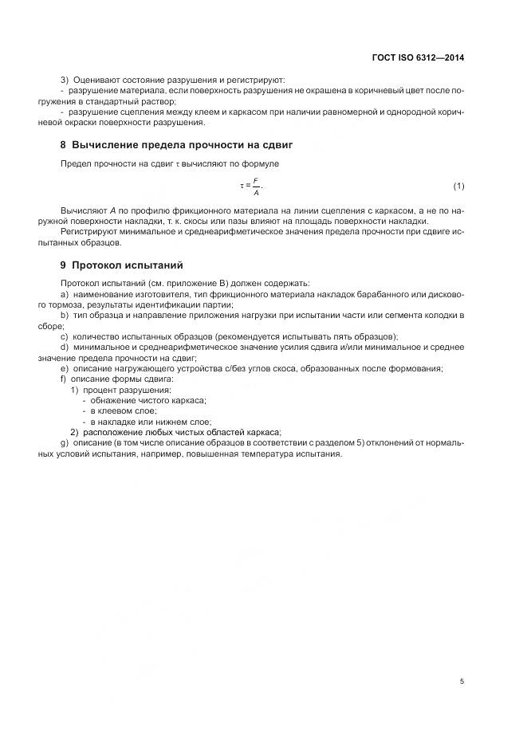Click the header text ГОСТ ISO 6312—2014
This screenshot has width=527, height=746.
tap(418, 57)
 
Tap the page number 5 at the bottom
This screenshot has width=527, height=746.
tap(462, 681)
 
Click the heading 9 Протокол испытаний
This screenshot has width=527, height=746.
tap(122, 265)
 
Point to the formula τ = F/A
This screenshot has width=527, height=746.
tap(250, 186)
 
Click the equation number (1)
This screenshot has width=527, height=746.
tap(458, 186)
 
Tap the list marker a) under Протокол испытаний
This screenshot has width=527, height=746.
tap(65, 294)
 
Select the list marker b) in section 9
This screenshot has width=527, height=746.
tap(65, 316)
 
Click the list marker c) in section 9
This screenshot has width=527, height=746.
tap(65, 336)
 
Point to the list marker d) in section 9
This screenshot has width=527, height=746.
tap(65, 347)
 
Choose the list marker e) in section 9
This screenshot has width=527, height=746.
tap(65, 367)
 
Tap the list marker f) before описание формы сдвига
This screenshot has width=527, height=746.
tap(64, 379)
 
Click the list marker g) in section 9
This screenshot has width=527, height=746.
tap(65, 442)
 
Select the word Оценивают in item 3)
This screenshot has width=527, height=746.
tap(97, 80)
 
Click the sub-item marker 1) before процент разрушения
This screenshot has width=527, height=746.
tap(74, 389)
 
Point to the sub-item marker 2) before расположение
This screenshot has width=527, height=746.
tap(74, 431)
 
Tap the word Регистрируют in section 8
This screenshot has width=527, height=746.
tap(88, 231)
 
